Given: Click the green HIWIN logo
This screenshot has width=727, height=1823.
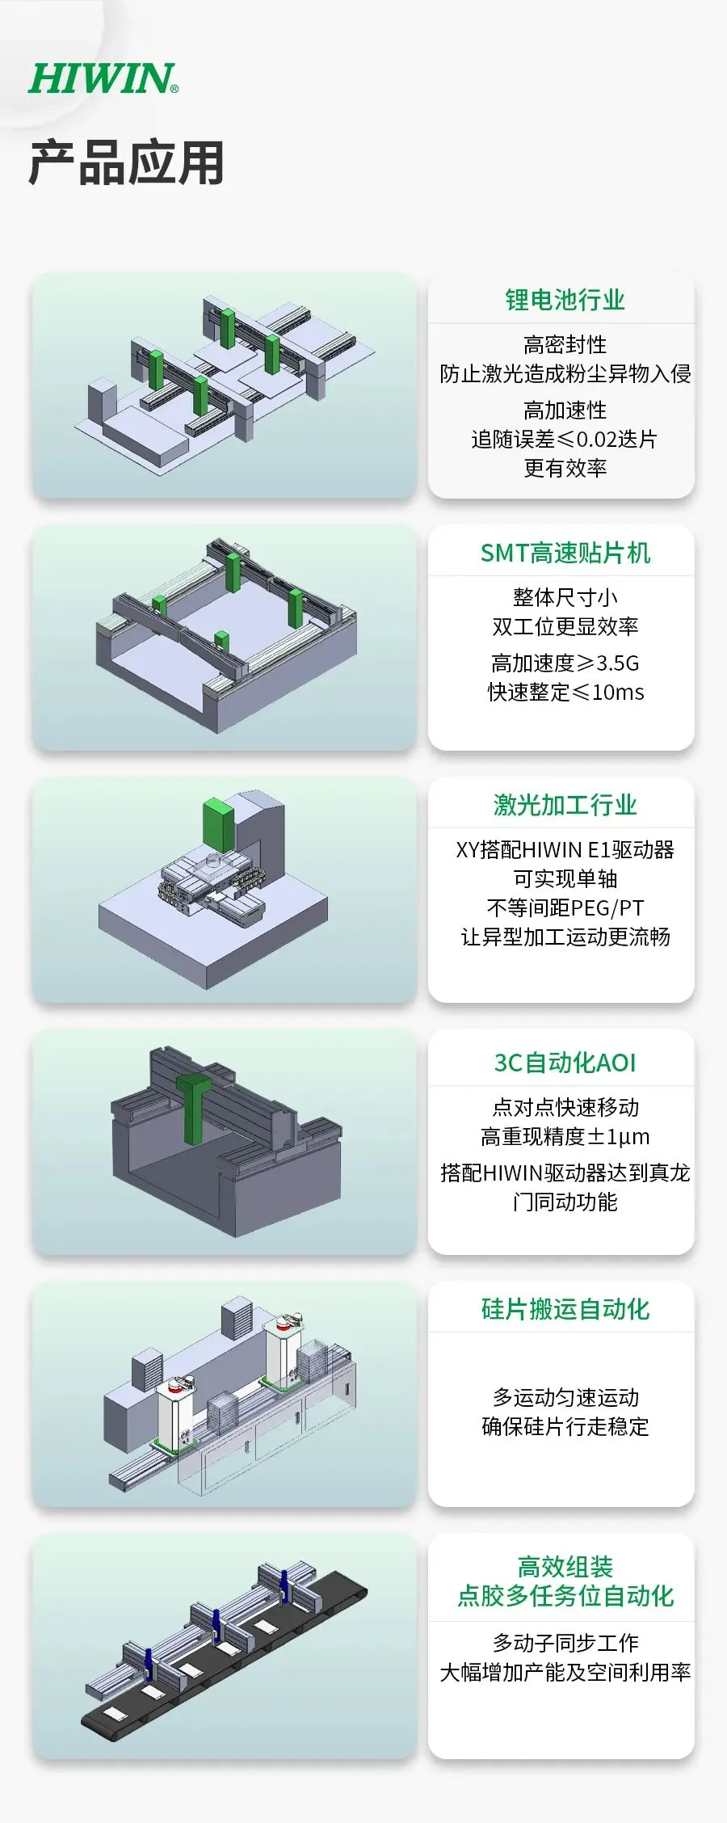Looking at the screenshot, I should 103,79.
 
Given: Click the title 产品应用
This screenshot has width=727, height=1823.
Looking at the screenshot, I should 126,162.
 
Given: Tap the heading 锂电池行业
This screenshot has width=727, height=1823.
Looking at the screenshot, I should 565,300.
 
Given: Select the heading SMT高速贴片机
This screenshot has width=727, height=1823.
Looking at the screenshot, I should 565,553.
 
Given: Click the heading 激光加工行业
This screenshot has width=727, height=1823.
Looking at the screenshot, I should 565,805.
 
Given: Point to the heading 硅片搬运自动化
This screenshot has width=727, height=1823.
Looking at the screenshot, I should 565,1309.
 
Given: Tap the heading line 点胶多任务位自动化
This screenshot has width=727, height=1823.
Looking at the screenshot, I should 565,1596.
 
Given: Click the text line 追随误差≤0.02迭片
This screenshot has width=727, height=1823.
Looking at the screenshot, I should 565,439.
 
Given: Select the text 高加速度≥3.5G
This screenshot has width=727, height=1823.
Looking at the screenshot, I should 565,663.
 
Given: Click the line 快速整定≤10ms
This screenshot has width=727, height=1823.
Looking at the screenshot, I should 565,692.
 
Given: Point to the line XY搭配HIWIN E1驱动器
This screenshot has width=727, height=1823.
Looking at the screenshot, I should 565,849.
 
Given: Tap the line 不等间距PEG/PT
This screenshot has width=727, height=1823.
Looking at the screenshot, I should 565,907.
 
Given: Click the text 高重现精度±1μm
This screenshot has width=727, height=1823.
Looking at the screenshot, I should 565,1136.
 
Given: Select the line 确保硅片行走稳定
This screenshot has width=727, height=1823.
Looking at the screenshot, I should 565,1426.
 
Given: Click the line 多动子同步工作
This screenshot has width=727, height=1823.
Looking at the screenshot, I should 565,1643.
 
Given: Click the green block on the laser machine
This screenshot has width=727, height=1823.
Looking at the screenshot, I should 217,826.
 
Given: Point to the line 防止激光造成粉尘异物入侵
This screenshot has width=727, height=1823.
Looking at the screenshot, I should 565,373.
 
